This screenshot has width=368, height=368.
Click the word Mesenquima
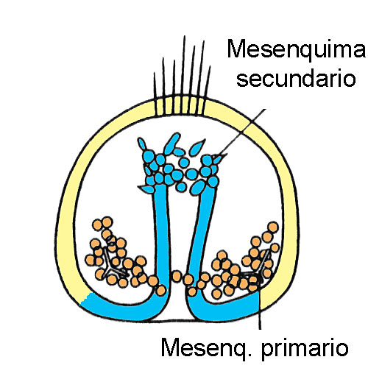pyautogui.click(x=296, y=49)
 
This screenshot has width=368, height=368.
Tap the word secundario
pyautogui.click(x=297, y=78)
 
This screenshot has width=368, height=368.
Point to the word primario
pyautogui.click(x=305, y=348)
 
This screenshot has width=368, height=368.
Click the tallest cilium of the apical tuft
pyautogui.click(x=184, y=66)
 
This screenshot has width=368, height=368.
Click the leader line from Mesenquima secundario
pyautogui.click(x=242, y=132)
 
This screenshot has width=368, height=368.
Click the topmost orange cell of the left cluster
pyautogui.click(x=107, y=222)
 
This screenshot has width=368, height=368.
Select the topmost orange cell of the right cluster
pyautogui.click(x=273, y=227)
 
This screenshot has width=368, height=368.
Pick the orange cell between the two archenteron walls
pyautogui.click(x=177, y=276)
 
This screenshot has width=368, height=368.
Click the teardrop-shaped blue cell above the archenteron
pyautogui.click(x=197, y=147)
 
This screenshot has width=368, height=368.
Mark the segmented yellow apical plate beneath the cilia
pyautogui.click(x=179, y=106)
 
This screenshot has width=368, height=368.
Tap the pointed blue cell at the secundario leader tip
pyautogui.click(x=219, y=158)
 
